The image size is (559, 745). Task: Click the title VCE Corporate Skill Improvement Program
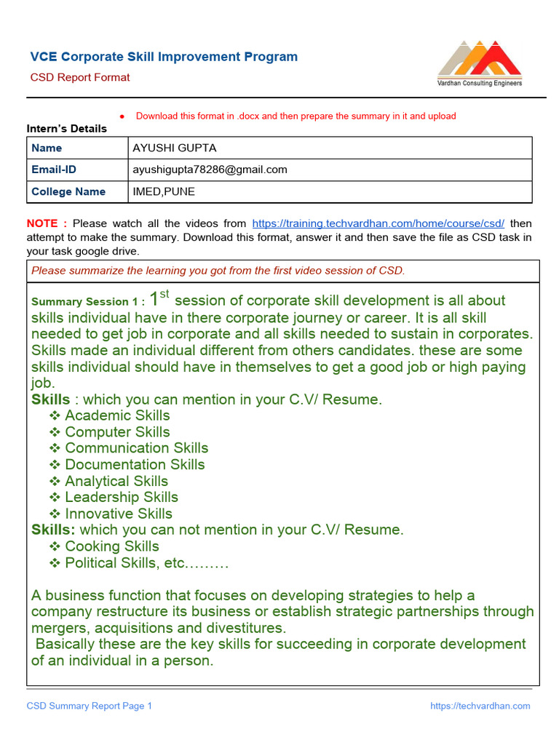164,57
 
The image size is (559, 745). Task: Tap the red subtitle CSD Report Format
80,77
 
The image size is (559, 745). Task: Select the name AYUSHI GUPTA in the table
175,148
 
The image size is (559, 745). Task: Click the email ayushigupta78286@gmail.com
210,170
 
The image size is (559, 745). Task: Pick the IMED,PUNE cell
164,191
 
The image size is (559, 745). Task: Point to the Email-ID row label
54,170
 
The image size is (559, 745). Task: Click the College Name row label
68,191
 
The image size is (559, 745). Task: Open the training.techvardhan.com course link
378,223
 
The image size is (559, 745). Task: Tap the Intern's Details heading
67,129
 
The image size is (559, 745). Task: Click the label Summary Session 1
88,302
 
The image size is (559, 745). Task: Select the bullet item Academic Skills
117,415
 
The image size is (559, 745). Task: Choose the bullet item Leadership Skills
122,497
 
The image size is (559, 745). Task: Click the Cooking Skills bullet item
111,546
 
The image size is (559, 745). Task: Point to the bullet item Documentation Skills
135,464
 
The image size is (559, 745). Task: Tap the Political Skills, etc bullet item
146,562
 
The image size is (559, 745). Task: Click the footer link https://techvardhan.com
480,706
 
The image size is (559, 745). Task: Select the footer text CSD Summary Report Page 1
90,706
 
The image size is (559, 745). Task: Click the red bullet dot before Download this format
123,116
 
